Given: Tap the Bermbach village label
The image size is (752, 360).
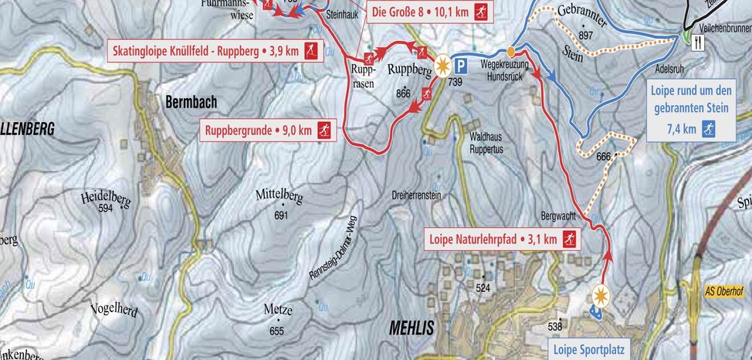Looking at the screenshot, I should [191, 101].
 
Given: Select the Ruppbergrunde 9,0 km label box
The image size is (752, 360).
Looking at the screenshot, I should [269, 131].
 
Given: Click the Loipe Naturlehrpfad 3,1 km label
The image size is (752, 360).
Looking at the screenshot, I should [502, 239].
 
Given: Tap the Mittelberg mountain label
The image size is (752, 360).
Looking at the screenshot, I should [279, 197].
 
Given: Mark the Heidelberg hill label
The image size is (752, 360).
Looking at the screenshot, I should [106, 199].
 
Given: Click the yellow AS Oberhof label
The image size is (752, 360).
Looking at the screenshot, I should [726, 291].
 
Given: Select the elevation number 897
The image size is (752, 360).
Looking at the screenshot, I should [584, 36].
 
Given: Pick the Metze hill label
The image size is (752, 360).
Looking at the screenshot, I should [277, 311].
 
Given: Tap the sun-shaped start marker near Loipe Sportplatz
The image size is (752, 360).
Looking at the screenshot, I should [602, 294].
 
